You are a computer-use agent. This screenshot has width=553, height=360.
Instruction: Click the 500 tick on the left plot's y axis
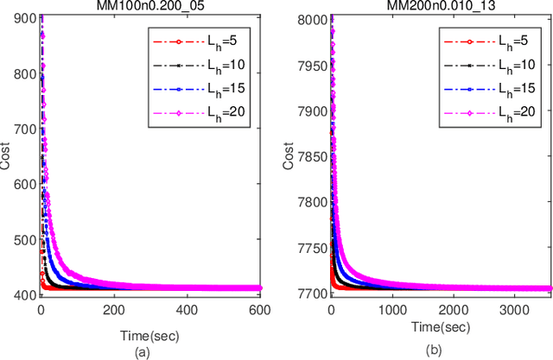[x=25, y=240]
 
